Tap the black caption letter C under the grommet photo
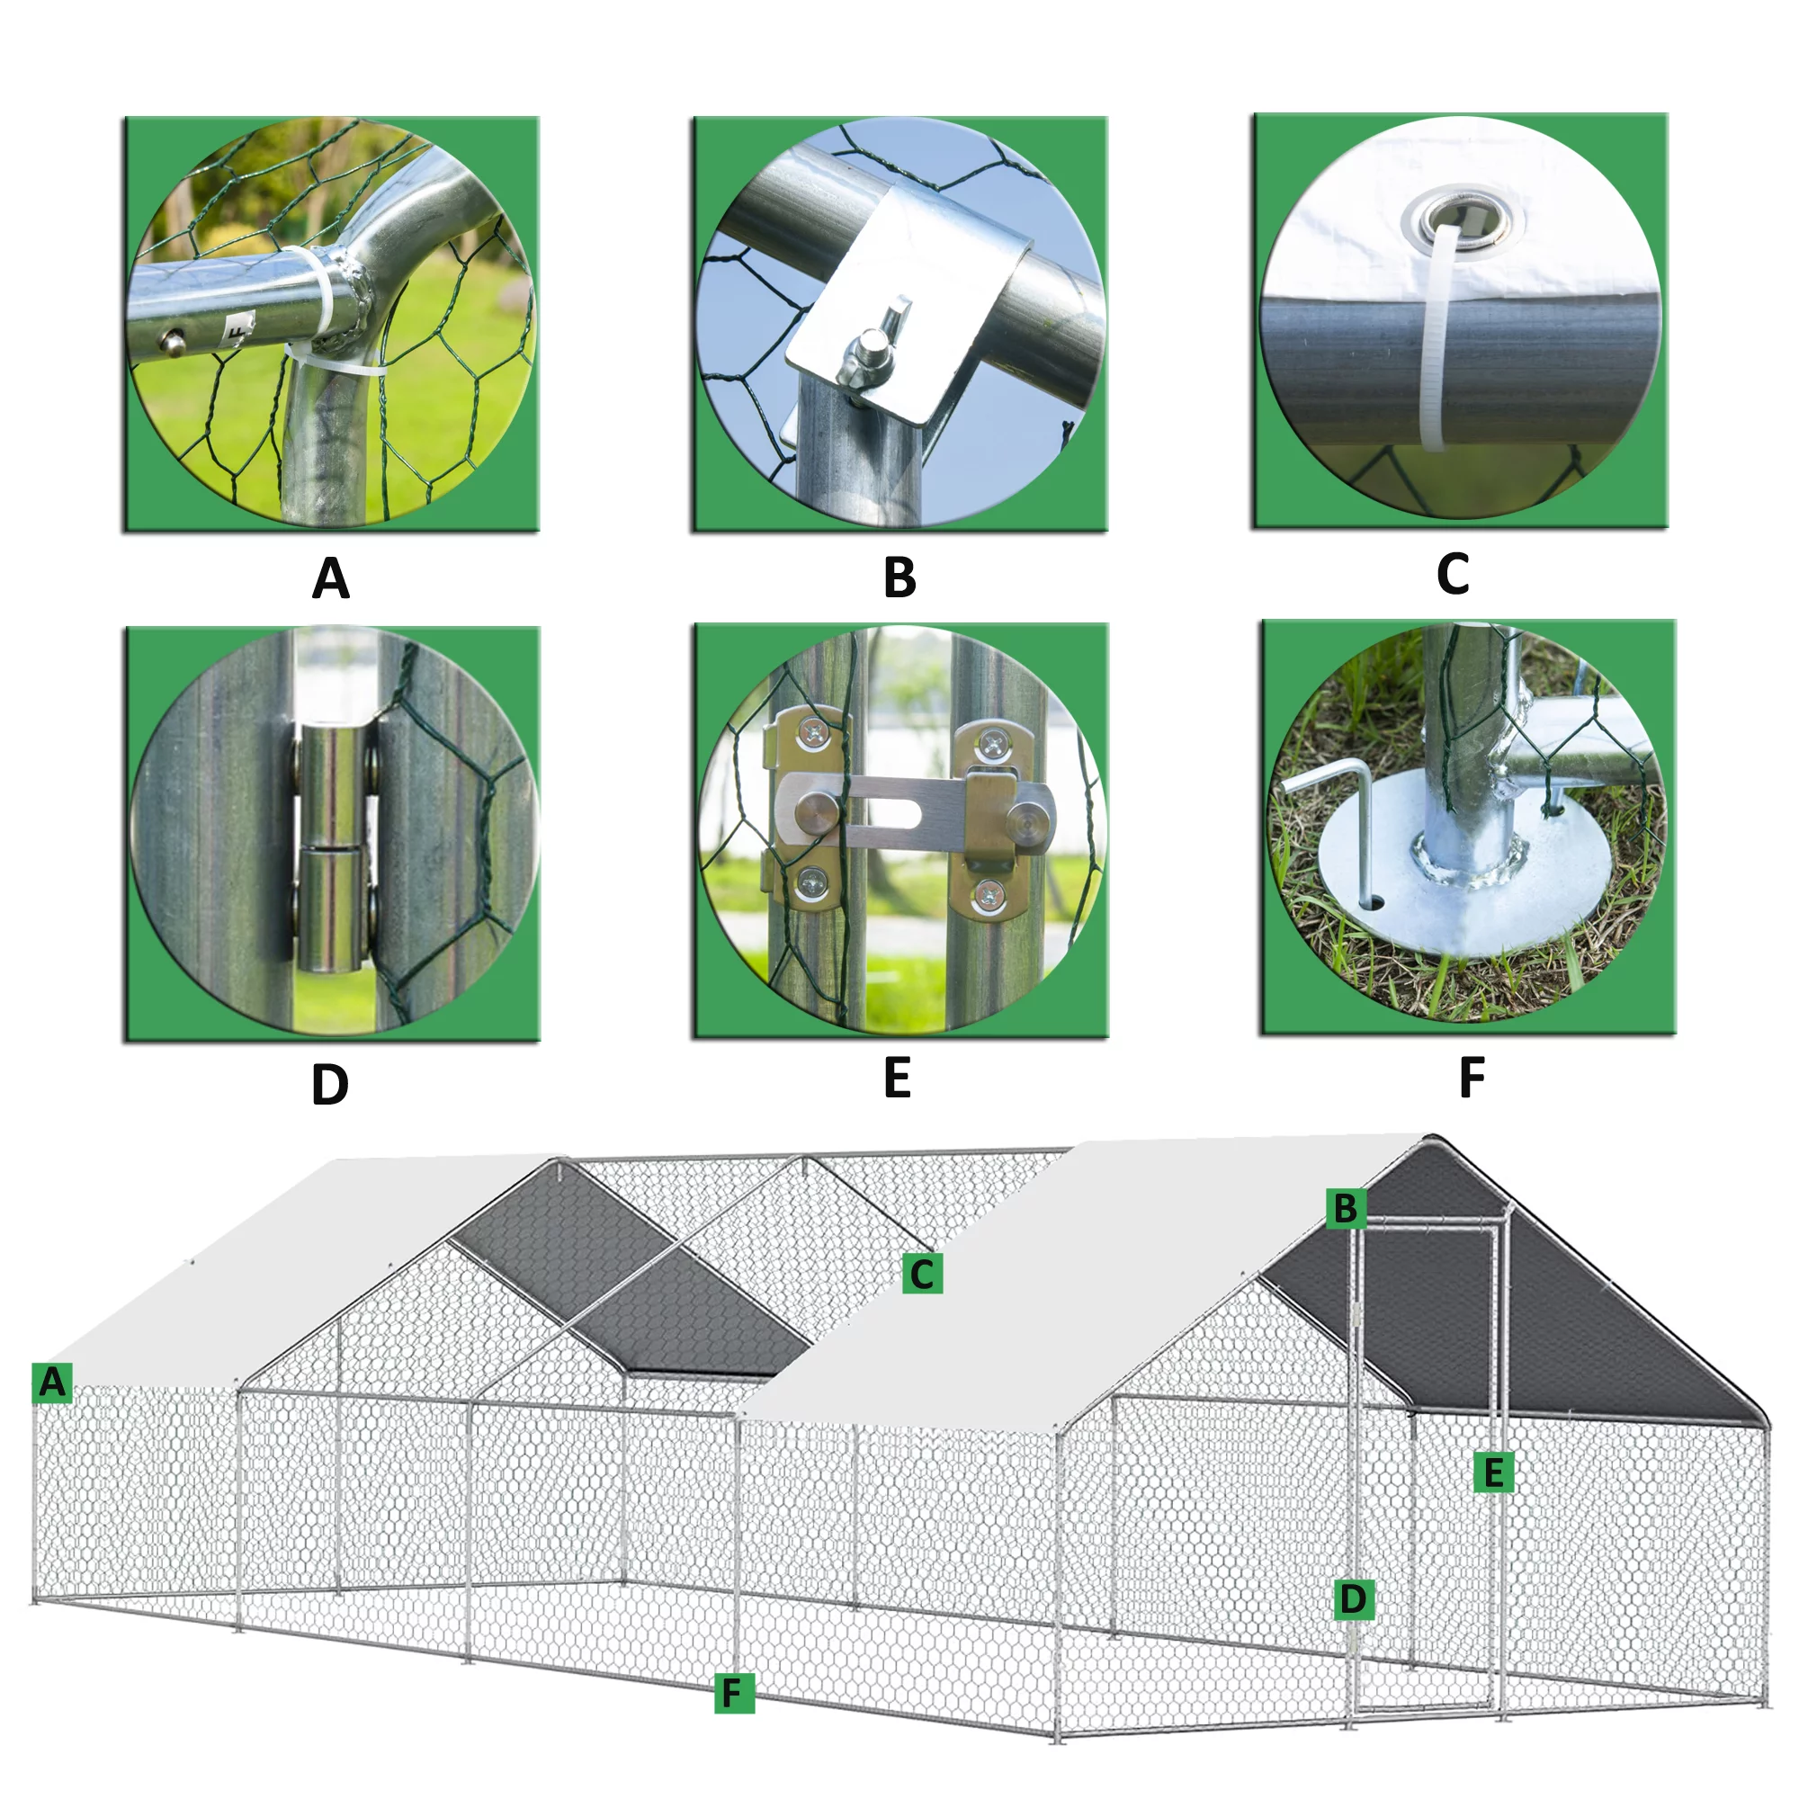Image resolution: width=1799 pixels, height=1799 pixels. (1453, 574)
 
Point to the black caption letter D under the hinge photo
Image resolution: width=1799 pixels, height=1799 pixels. (329, 1085)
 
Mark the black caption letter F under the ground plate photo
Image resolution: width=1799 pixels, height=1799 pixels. (1472, 1078)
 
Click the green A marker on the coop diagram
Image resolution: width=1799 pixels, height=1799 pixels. (52, 1382)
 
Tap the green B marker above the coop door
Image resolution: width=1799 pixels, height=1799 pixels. (1346, 1209)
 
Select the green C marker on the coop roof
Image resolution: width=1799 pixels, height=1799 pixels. (922, 1274)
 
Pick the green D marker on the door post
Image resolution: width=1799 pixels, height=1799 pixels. (1353, 1598)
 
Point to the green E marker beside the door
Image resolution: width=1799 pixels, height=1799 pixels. (1493, 1472)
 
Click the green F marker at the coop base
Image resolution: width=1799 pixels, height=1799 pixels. (734, 1693)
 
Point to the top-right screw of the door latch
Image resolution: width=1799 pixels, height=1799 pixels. (993, 744)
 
